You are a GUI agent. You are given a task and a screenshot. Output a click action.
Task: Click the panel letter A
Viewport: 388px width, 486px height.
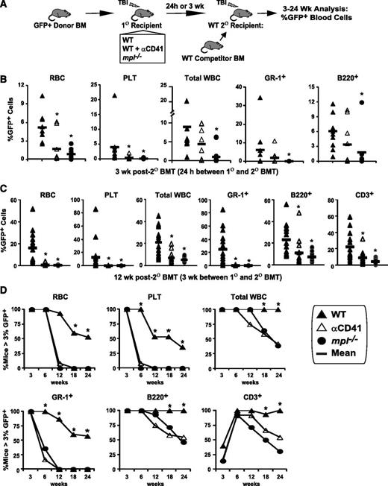point(6,7)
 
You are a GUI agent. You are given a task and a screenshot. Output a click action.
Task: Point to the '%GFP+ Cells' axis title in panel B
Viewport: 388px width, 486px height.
point(8,127)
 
